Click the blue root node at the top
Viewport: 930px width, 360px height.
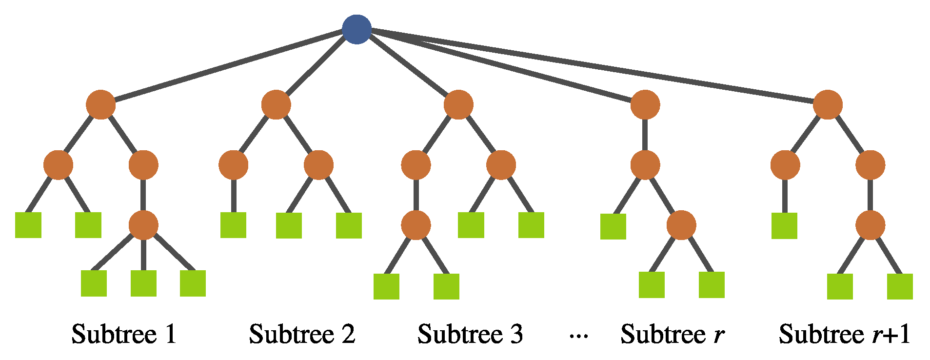[356, 29]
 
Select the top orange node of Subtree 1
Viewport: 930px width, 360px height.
[100, 104]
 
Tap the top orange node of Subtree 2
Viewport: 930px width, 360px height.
[276, 104]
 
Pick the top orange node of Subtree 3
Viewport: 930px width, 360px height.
[458, 104]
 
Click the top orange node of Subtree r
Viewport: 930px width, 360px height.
[645, 104]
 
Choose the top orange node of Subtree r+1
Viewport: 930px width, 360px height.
[828, 104]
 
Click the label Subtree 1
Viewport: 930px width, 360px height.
[124, 335]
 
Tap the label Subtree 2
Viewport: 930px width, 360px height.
[302, 335]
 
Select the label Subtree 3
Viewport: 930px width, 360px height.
[470, 335]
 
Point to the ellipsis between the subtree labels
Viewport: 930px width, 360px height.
[579, 336]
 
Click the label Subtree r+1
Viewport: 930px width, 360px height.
[844, 335]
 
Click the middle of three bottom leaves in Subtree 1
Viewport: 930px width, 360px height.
[143, 283]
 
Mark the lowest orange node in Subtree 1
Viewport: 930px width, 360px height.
[143, 225]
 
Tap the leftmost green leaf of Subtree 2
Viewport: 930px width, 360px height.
[233, 225]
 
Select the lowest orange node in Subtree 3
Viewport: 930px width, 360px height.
[416, 225]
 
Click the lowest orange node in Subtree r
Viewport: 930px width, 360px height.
[681, 225]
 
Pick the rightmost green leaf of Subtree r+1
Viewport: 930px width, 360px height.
[900, 286]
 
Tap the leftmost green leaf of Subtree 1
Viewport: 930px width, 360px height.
[28, 225]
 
